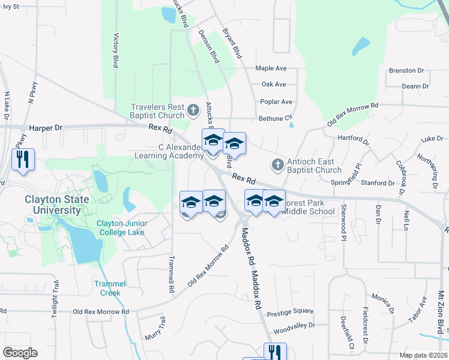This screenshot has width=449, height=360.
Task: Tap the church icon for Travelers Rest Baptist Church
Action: click(193, 110)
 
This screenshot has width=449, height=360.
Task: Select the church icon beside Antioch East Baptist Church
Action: click(277, 164)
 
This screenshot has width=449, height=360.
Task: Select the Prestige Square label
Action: click(290, 311)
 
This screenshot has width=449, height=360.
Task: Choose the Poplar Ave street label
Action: click(276, 101)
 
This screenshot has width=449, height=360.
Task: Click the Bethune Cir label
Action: click(275, 118)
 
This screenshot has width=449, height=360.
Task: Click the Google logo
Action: click(20, 352)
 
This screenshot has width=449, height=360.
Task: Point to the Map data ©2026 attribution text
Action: click(423, 355)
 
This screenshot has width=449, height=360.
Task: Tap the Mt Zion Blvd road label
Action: click(441, 312)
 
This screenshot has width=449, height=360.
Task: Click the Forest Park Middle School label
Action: click(308, 206)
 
